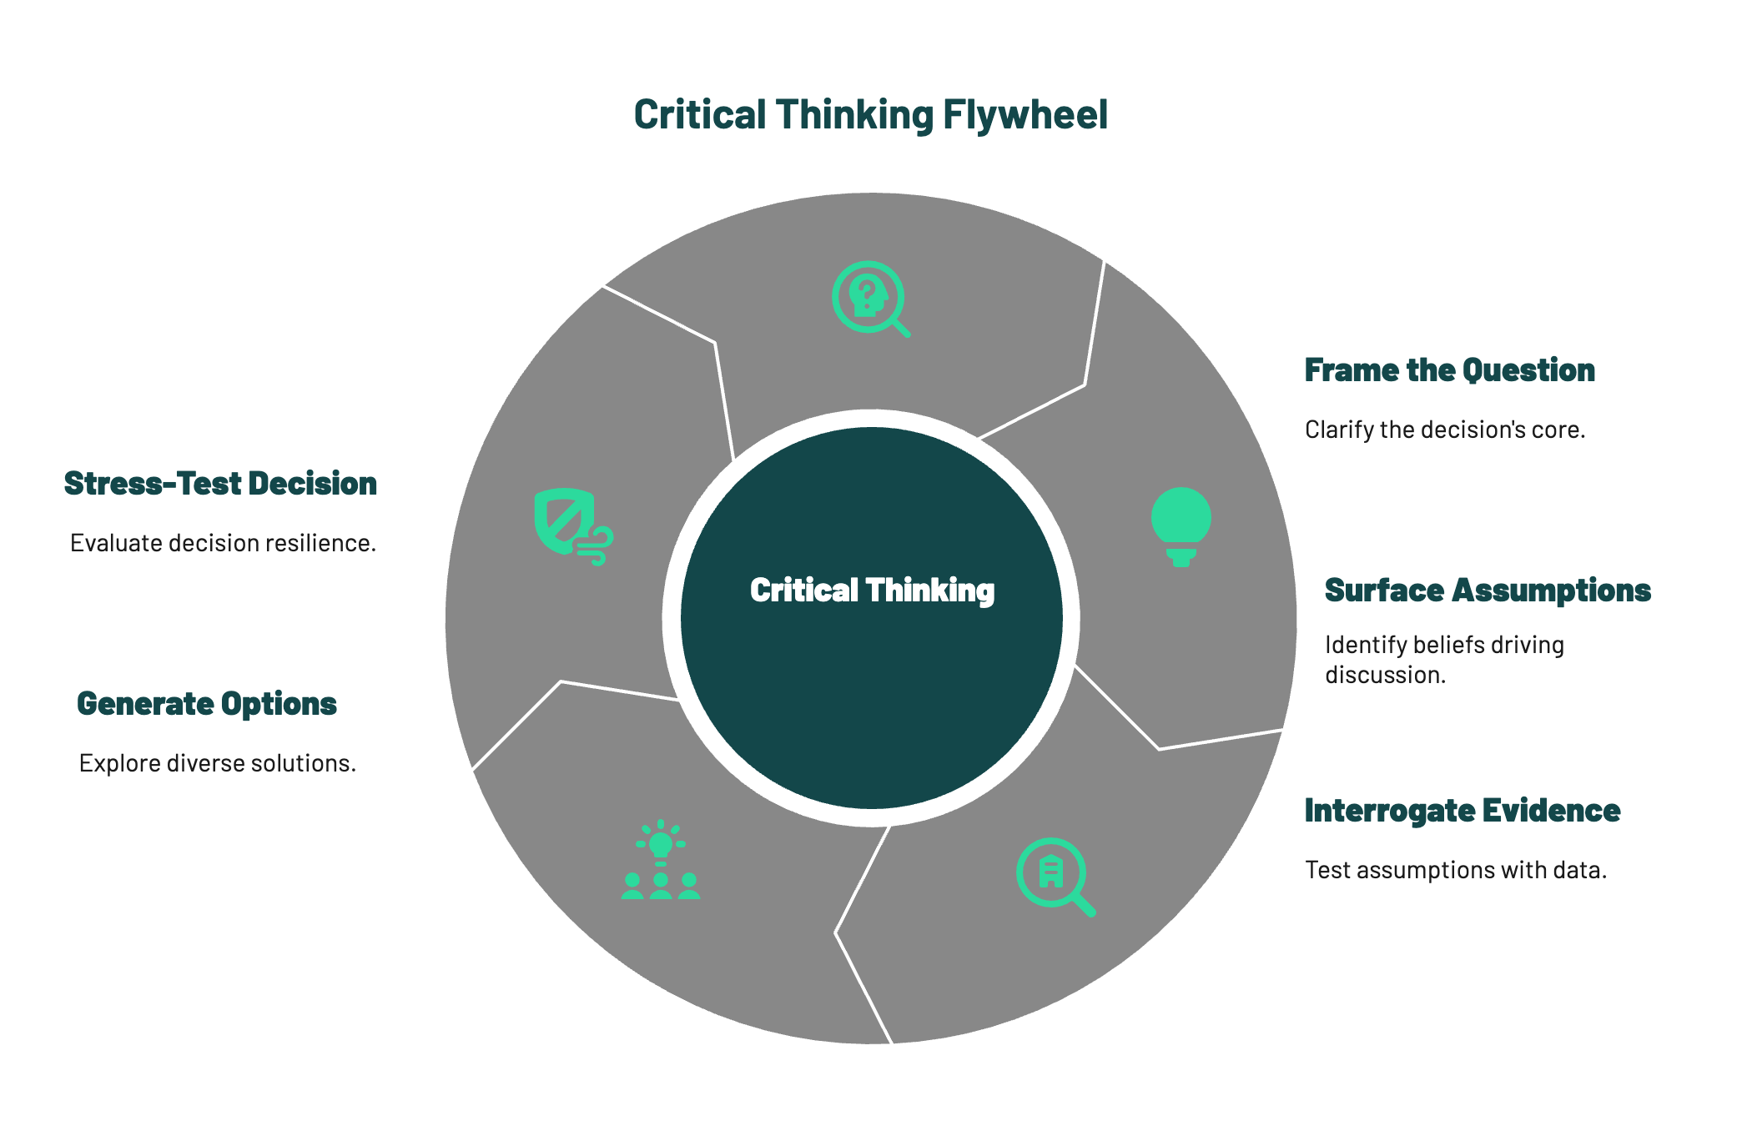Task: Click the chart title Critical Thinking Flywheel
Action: pyautogui.click(x=870, y=115)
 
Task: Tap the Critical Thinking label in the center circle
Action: pyautogui.click(x=872, y=591)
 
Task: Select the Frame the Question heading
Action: pyautogui.click(x=1449, y=370)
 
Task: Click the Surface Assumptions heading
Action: pyautogui.click(x=1488, y=591)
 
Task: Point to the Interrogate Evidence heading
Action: pyautogui.click(x=1462, y=811)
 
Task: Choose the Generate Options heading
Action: pyautogui.click(x=206, y=704)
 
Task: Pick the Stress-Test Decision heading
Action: pyautogui.click(x=220, y=484)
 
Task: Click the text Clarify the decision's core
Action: pyautogui.click(x=1444, y=430)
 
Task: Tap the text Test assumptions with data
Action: pyautogui.click(x=1455, y=871)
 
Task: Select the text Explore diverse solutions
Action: pyautogui.click(x=217, y=764)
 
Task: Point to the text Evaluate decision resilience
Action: pyautogui.click(x=223, y=544)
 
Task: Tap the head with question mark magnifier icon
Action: pyautogui.click(x=870, y=299)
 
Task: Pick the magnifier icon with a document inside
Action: pyautogui.click(x=1055, y=876)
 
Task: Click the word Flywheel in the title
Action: pyautogui.click(x=1025, y=115)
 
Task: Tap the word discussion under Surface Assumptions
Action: pyautogui.click(x=1385, y=675)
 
